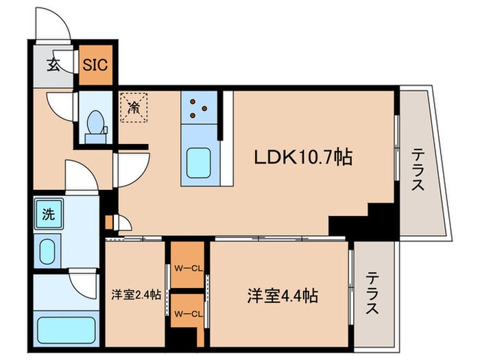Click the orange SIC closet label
(x=95, y=64)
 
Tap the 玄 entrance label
(x=53, y=66)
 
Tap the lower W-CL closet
(x=187, y=314)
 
